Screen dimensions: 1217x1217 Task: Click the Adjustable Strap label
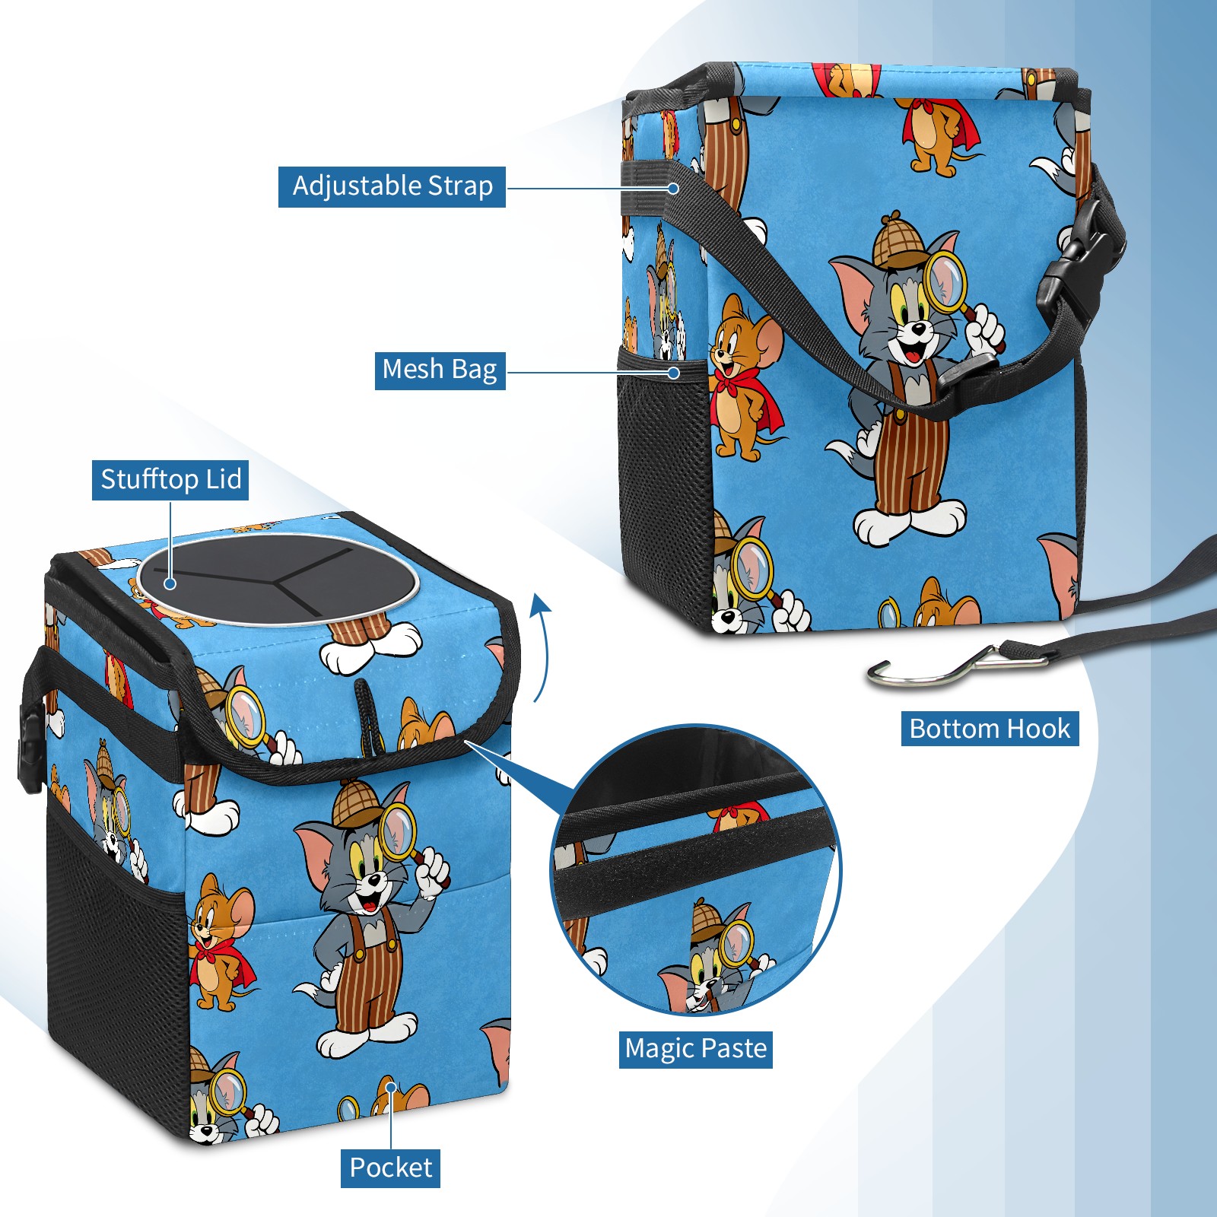(x=392, y=186)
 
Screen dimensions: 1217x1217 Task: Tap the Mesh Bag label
(x=440, y=370)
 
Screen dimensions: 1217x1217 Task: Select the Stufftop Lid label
(x=170, y=480)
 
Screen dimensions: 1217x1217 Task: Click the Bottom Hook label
(x=990, y=729)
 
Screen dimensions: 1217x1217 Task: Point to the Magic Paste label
(x=695, y=1049)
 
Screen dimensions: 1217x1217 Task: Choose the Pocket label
(x=390, y=1168)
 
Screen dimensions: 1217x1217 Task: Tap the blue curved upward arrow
(x=541, y=647)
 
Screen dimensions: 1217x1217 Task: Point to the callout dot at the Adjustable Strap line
(x=673, y=187)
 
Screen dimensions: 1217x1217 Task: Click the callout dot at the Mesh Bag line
(x=673, y=373)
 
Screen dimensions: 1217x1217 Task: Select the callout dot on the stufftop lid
(x=170, y=583)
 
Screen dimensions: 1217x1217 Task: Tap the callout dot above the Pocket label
(x=391, y=1087)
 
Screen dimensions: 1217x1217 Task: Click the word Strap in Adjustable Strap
(x=460, y=186)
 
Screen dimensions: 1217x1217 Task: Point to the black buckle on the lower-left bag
(x=29, y=749)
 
